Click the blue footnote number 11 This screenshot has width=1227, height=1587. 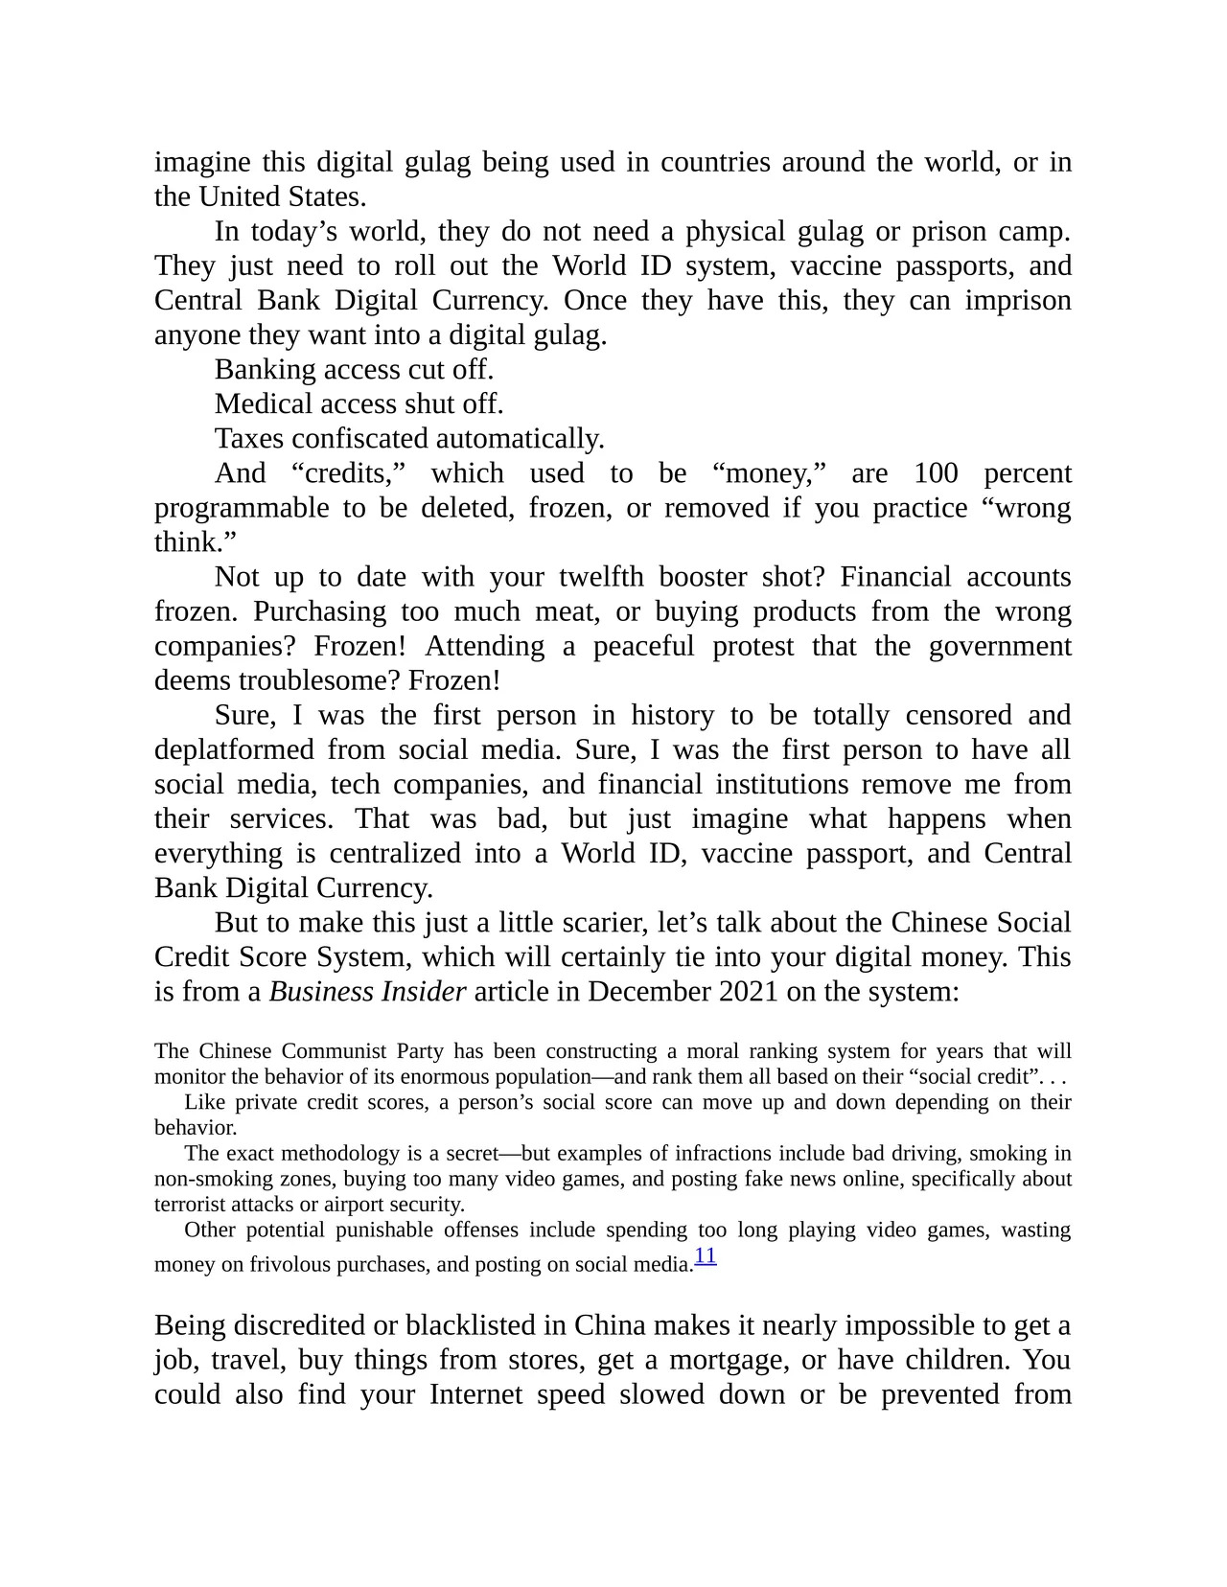705,1256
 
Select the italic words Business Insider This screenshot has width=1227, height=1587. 367,991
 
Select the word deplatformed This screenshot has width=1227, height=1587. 234,749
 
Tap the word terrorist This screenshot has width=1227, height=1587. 190,1205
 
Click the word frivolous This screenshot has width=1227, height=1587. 292,1265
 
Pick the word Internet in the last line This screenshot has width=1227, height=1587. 475,1394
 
